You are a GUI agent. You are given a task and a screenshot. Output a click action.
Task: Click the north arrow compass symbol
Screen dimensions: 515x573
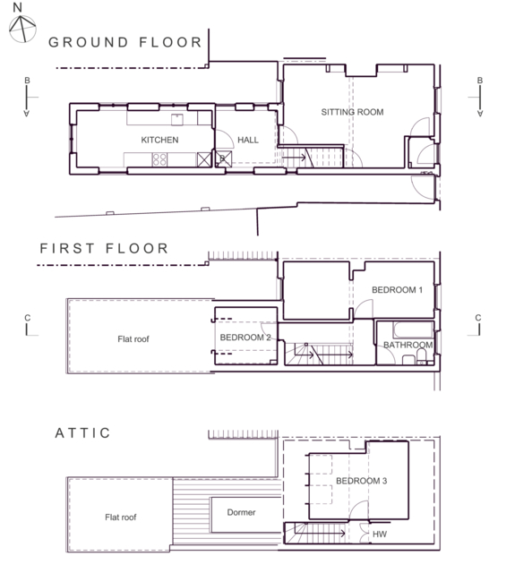[x=22, y=28]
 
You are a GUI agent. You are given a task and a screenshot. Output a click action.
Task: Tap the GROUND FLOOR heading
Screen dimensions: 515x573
[x=125, y=42]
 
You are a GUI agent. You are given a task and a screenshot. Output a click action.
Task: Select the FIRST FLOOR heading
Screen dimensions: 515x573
[x=104, y=249]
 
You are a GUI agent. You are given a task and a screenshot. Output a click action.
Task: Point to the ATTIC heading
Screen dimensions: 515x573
[x=82, y=433]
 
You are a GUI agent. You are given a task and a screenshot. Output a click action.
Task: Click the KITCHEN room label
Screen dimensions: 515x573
[x=159, y=140]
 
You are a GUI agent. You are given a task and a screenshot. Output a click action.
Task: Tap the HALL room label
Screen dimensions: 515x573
[x=248, y=140]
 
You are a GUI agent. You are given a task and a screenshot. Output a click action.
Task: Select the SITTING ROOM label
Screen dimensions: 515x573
[x=352, y=112]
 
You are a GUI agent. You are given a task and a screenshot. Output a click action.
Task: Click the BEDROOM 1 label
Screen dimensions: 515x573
[x=398, y=290]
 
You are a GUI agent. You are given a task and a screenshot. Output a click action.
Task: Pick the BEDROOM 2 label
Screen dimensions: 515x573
[x=245, y=338]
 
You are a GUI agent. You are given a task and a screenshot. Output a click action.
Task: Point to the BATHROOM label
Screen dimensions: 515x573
[x=408, y=345]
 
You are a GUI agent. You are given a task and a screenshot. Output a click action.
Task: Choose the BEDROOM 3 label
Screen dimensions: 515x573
[x=362, y=481]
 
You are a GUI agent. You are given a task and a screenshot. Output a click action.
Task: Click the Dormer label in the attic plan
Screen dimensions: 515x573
[x=241, y=512]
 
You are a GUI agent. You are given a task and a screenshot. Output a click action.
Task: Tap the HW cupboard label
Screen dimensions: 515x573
[x=380, y=535]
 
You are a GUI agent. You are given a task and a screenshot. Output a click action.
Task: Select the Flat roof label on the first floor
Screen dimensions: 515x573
[x=133, y=339]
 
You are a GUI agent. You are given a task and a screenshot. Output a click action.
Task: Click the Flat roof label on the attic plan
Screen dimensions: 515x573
[x=121, y=517]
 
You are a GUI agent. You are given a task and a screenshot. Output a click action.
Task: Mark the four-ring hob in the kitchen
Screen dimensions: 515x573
[x=159, y=159]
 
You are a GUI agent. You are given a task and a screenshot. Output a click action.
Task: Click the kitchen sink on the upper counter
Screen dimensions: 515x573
[x=177, y=119]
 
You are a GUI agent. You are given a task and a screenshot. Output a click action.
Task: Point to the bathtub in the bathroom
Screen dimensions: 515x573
[x=413, y=329]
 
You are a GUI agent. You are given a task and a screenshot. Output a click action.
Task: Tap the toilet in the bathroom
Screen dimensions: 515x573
[x=422, y=356]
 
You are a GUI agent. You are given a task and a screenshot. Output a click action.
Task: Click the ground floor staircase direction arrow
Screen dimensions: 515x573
[x=295, y=158]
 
